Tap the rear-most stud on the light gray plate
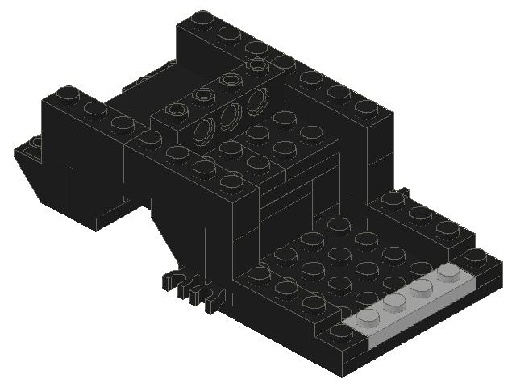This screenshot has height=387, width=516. pos(447,273)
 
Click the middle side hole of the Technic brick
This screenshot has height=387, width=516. pos(231,114)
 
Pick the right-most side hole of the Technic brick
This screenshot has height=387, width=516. pos(259,101)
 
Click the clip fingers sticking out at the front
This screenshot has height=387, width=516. pos(192,290)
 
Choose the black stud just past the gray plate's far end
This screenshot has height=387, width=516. pos(475,256)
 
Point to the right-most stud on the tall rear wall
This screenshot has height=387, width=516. pos(366,106)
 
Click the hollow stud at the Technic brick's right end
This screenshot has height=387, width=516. pos(257,64)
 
